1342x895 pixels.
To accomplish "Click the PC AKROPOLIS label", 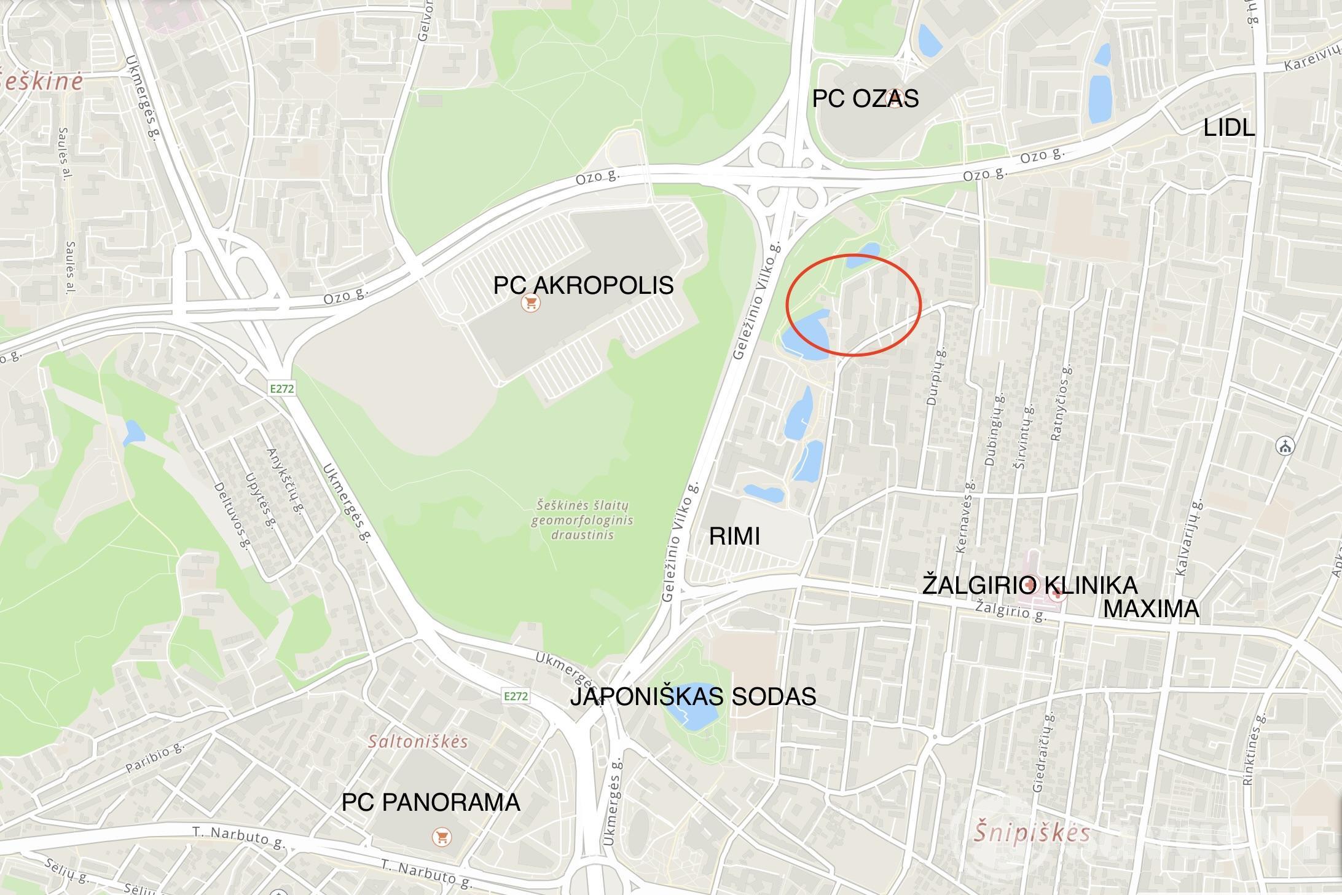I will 583,285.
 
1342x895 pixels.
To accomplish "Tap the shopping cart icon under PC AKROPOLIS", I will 530,303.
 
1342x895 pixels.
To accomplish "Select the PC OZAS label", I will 865,98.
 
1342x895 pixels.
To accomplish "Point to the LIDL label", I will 1228,128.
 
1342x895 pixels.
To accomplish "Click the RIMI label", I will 734,536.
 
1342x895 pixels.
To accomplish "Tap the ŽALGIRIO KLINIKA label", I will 1029,585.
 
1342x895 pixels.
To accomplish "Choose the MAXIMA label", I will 1151,609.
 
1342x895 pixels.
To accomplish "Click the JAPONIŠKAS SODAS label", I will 693,696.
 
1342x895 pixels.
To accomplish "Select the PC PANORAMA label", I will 431,802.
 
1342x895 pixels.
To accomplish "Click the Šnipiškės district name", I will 1032,833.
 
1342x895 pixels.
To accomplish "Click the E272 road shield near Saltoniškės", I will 515,696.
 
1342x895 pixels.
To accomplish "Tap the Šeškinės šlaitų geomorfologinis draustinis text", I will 582,520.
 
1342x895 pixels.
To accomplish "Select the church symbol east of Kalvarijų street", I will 1284,446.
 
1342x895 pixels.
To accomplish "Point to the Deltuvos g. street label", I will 230,515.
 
